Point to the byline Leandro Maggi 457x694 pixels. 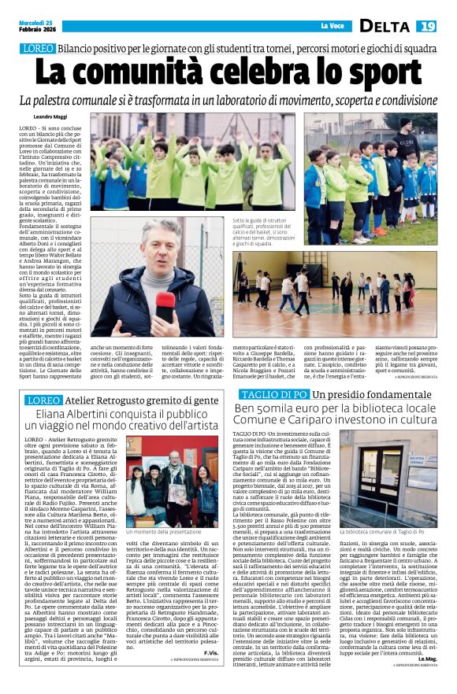pos(49,117)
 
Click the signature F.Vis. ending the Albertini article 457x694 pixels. pos(211,652)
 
